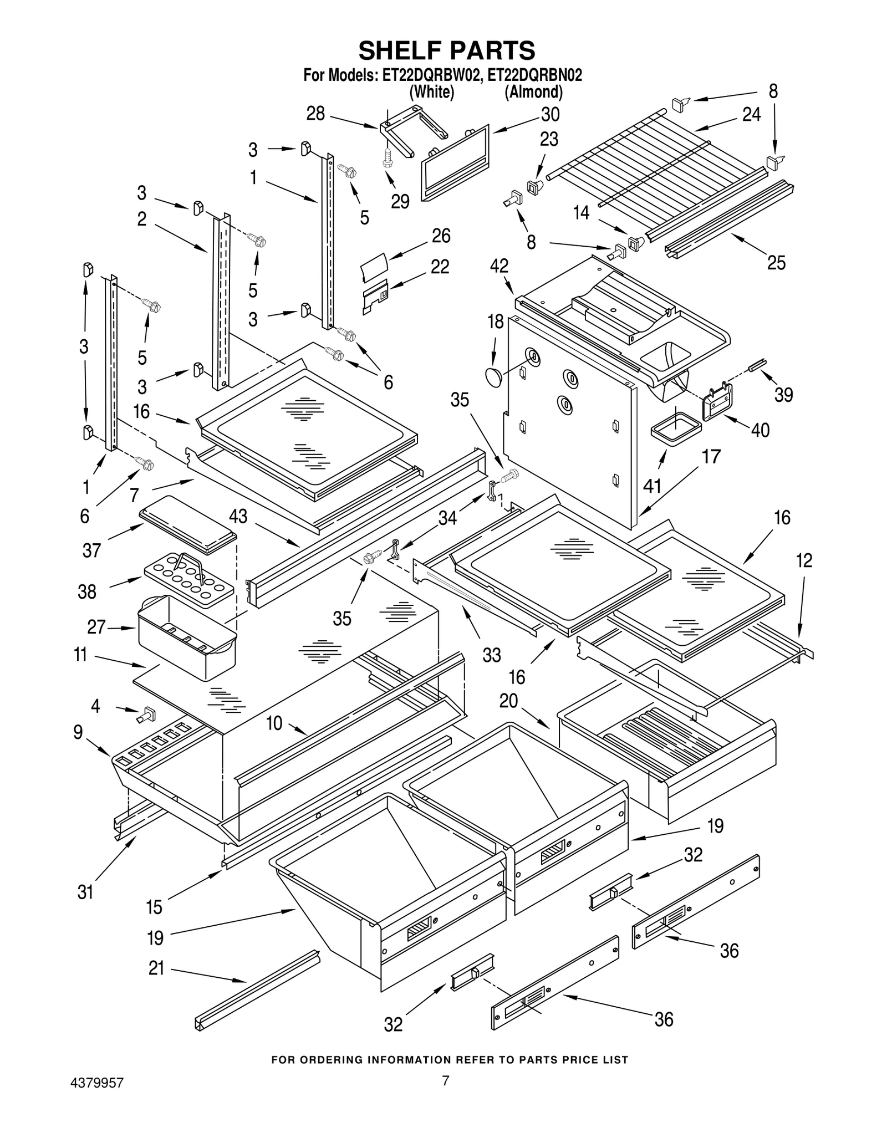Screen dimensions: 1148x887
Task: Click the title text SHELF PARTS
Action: [446, 50]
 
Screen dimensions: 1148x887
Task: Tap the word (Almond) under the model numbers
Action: [533, 91]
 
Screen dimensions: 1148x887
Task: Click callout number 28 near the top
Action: [315, 114]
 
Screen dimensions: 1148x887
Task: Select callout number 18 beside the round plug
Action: [495, 322]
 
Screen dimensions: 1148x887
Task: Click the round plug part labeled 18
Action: [492, 377]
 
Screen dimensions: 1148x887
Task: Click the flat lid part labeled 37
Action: [188, 524]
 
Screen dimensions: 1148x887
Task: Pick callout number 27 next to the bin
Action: [96, 627]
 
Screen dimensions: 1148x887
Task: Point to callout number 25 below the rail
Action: [776, 262]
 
